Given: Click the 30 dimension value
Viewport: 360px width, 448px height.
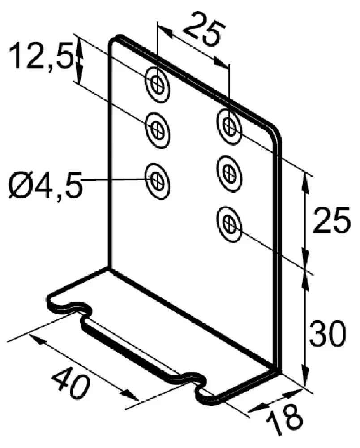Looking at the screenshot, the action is (x=327, y=333).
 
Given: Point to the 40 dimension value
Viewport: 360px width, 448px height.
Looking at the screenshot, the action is (x=70, y=383).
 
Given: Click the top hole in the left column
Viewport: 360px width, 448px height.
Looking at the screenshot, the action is (x=158, y=85).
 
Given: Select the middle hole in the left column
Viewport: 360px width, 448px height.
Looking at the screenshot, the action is (x=158, y=130).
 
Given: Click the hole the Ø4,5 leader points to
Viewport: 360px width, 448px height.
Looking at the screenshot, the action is (x=158, y=181).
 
